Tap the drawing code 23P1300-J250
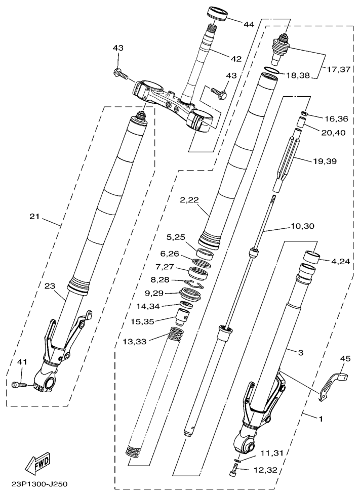click(x=39, y=484)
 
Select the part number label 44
click(x=249, y=24)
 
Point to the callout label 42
click(x=236, y=59)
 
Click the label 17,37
click(x=339, y=69)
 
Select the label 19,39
click(x=325, y=161)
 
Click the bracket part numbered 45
click(x=333, y=385)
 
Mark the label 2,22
click(x=190, y=200)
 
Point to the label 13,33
click(x=135, y=342)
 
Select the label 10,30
click(x=303, y=227)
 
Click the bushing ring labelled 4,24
click(x=311, y=257)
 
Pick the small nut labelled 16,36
click(x=304, y=114)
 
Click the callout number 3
click(x=301, y=352)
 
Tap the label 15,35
click(x=142, y=321)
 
